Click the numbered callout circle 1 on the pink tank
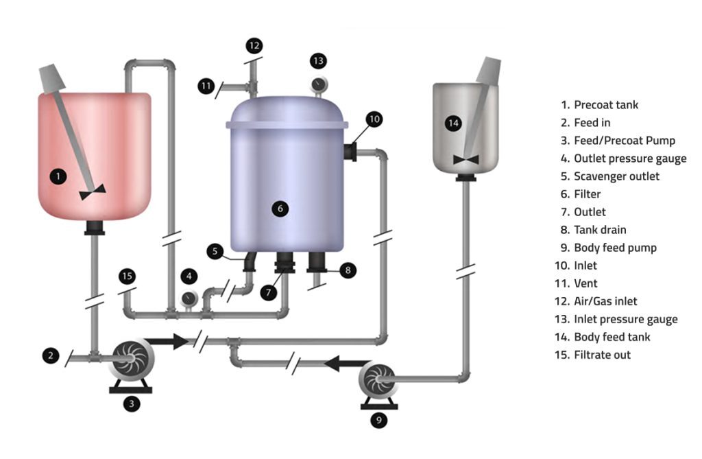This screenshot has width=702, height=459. coord(59,176)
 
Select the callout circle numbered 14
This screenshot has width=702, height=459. coord(452,123)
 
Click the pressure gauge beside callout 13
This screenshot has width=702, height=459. coord(318,84)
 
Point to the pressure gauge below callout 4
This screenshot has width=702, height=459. coord(187,299)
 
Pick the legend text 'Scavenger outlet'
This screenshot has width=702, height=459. coord(616,176)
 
